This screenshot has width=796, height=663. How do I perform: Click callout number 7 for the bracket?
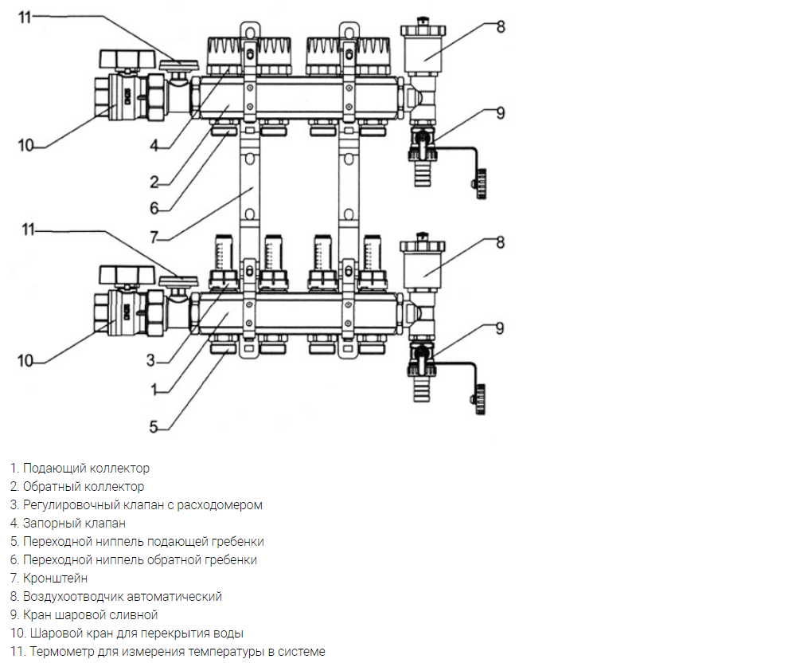154,237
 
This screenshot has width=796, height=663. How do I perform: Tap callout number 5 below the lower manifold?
154,427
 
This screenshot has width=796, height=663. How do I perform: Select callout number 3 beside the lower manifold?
150,360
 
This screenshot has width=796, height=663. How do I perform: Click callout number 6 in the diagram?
154,208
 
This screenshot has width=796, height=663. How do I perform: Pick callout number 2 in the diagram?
154,182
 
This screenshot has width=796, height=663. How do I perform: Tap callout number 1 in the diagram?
154,390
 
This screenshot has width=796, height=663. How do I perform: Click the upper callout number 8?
501,26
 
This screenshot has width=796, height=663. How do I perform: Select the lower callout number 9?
500,328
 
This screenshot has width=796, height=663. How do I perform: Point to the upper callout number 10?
25,146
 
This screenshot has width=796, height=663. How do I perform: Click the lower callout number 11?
28,229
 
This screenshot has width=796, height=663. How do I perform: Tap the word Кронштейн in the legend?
56,579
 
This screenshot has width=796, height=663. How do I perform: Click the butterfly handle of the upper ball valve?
126,59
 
